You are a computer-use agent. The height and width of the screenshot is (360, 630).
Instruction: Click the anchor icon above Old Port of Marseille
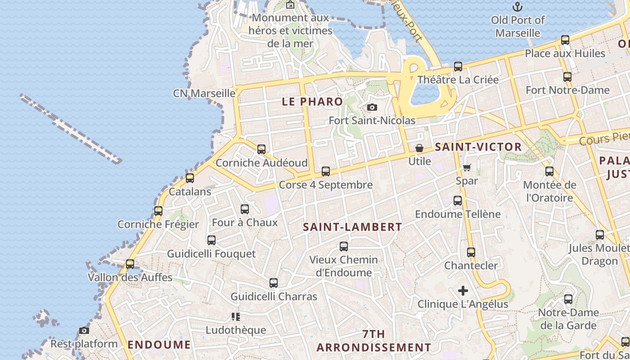(x=517, y=7)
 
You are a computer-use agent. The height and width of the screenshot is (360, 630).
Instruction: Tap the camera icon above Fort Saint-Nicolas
(x=372, y=107)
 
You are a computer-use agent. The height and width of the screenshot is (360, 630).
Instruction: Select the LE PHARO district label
(x=312, y=102)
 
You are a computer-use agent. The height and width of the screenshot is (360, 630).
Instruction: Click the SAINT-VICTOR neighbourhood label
(x=478, y=147)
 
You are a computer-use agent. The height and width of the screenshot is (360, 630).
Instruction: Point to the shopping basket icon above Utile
(x=419, y=148)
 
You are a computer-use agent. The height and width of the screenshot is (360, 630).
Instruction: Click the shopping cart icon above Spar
(x=467, y=167)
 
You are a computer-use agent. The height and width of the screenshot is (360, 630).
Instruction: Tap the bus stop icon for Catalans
(x=190, y=178)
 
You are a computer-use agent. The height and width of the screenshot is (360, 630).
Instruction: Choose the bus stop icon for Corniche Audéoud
(x=261, y=149)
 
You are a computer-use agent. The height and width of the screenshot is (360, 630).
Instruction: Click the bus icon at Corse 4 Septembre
(x=326, y=171)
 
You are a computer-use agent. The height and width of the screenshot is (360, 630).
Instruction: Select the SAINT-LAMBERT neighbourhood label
(x=352, y=227)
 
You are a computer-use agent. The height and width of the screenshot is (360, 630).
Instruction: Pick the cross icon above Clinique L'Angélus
(x=463, y=291)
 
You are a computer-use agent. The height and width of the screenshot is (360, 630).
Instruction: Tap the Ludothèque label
(x=236, y=330)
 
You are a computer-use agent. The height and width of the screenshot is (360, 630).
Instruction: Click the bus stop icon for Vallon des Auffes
(x=130, y=264)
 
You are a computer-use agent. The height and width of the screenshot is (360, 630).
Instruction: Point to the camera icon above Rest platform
(x=84, y=331)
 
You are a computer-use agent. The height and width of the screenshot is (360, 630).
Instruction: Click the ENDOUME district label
(x=159, y=345)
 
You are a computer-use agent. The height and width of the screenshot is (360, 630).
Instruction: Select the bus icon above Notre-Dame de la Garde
(x=568, y=299)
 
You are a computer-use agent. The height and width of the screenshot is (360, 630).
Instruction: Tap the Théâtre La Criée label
(x=458, y=80)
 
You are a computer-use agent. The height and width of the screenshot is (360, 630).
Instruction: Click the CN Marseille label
(x=204, y=93)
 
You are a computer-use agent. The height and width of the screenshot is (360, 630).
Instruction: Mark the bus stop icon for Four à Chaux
(x=245, y=209)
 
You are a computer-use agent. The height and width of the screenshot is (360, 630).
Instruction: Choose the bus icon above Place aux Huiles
(x=565, y=40)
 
